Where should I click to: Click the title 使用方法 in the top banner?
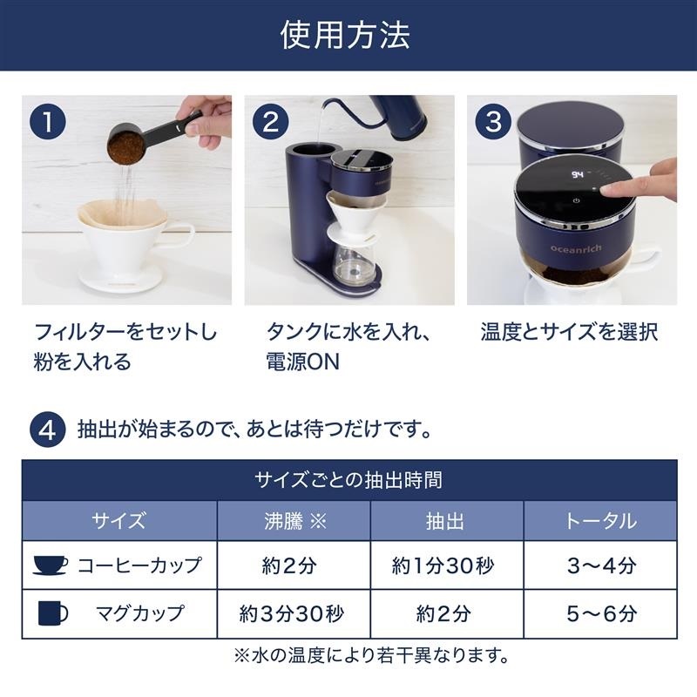click(x=345, y=35)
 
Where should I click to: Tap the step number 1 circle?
click(x=48, y=122)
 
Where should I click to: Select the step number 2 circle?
click(x=270, y=122)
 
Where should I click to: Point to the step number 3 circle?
click(x=493, y=122)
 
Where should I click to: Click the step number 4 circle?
click(x=48, y=430)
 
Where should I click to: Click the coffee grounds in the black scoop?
click(x=125, y=147)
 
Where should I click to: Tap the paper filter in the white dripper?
click(x=122, y=216)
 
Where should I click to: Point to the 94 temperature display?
click(x=578, y=174)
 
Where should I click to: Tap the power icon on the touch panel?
click(x=576, y=200)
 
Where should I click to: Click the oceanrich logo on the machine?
click(x=576, y=248)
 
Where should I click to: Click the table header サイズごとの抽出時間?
click(x=348, y=480)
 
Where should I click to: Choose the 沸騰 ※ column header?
click(x=294, y=521)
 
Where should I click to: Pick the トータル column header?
click(x=600, y=521)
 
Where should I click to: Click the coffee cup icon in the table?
click(x=51, y=565)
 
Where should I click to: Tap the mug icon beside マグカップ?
click(x=52, y=613)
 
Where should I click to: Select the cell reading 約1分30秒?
click(x=443, y=565)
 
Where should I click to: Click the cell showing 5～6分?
click(x=601, y=614)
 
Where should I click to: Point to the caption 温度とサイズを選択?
click(x=569, y=332)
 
